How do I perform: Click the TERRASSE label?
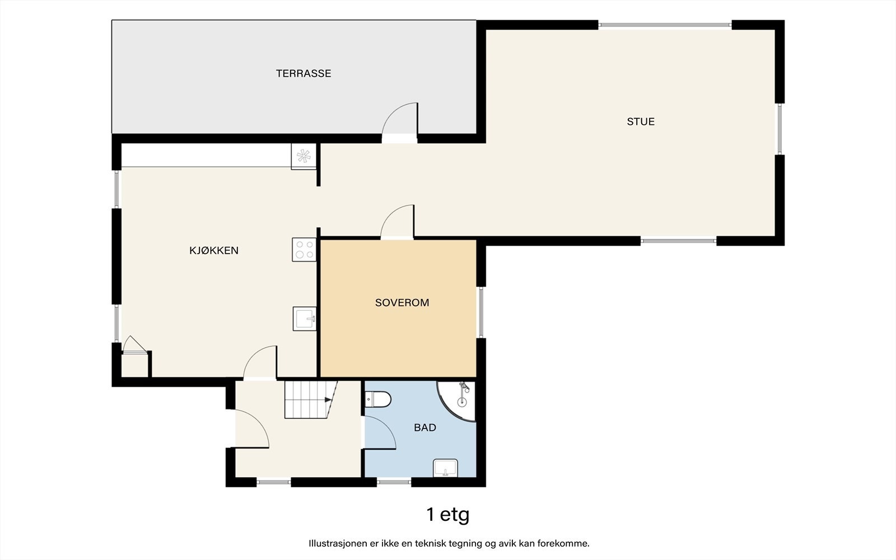point(303,73)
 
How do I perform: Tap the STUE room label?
point(641,122)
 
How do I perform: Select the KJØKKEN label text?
point(213,250)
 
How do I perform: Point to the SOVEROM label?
point(402,303)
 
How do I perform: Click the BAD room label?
point(425,428)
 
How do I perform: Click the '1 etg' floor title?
point(447,515)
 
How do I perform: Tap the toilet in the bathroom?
point(378,400)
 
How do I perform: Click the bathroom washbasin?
point(445,468)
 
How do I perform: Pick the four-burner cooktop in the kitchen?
point(304,250)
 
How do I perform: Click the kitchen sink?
point(305,319)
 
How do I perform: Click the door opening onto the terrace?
point(400,120)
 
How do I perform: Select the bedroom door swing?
point(397,221)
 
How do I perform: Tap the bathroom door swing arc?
point(379,432)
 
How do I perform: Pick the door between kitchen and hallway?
point(260,362)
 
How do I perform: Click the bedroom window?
point(481,312)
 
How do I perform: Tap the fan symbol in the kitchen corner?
point(304,156)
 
